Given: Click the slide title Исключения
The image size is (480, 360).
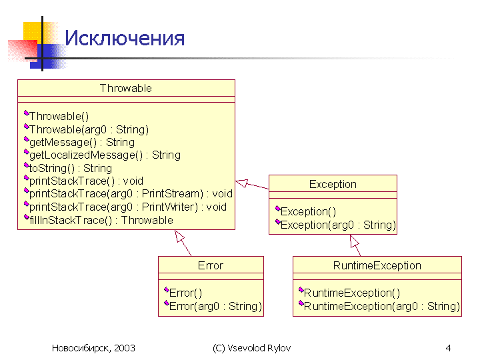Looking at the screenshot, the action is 125,38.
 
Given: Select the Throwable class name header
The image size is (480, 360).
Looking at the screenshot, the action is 126,88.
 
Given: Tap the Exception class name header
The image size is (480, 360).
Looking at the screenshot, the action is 333,184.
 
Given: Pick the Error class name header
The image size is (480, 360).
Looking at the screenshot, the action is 211,265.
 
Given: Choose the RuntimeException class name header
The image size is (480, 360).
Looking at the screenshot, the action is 377,265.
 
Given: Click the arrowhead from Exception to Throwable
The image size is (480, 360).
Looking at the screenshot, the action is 241,183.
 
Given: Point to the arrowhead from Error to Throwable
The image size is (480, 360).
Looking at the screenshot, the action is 179,236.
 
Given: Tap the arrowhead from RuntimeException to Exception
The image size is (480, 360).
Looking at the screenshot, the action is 354,241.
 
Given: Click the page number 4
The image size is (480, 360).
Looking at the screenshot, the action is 448,348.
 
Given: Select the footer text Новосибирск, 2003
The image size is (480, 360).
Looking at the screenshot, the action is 93,348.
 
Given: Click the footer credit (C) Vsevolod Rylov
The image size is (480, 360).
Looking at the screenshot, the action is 251,348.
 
